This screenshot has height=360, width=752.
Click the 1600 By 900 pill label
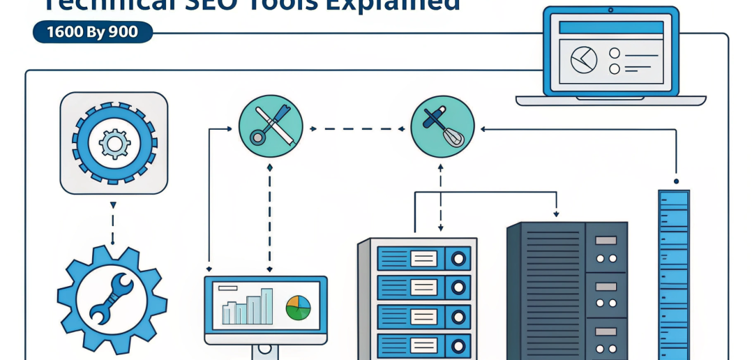point(93,32)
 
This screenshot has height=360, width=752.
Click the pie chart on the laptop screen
point(583,60)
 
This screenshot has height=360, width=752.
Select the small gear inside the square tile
point(114,143)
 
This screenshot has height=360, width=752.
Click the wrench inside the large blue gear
point(112,299)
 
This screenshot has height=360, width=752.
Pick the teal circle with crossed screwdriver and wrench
point(271,126)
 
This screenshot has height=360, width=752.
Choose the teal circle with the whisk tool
point(442,126)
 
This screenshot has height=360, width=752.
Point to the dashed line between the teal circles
point(356,128)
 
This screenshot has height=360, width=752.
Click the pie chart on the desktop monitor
point(298,308)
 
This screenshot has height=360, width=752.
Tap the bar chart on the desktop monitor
point(248,307)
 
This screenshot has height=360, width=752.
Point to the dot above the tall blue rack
point(676,181)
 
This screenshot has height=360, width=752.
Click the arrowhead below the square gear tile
point(113,205)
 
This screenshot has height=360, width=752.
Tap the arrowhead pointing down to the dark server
point(556,214)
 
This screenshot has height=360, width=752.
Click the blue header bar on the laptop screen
point(610,28)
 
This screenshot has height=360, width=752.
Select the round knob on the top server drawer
point(458,259)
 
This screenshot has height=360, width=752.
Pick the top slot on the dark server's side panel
point(606,240)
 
